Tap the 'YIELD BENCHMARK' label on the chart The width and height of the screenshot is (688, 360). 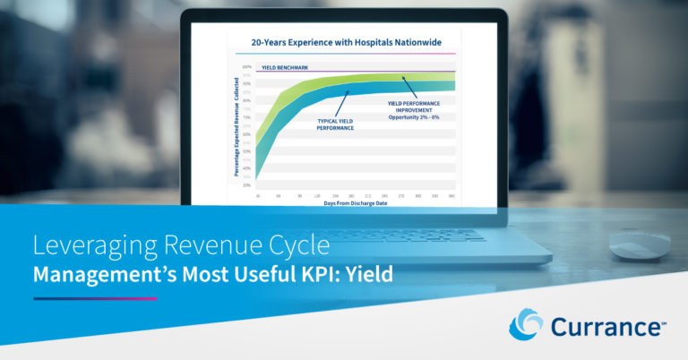281,68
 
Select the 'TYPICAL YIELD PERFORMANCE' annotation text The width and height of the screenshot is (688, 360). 335,124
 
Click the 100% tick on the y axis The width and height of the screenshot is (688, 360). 246,67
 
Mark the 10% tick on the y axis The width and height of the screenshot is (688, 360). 246,185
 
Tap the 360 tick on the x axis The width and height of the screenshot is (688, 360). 451,194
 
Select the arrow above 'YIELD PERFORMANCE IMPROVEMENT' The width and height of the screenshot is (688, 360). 408,86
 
